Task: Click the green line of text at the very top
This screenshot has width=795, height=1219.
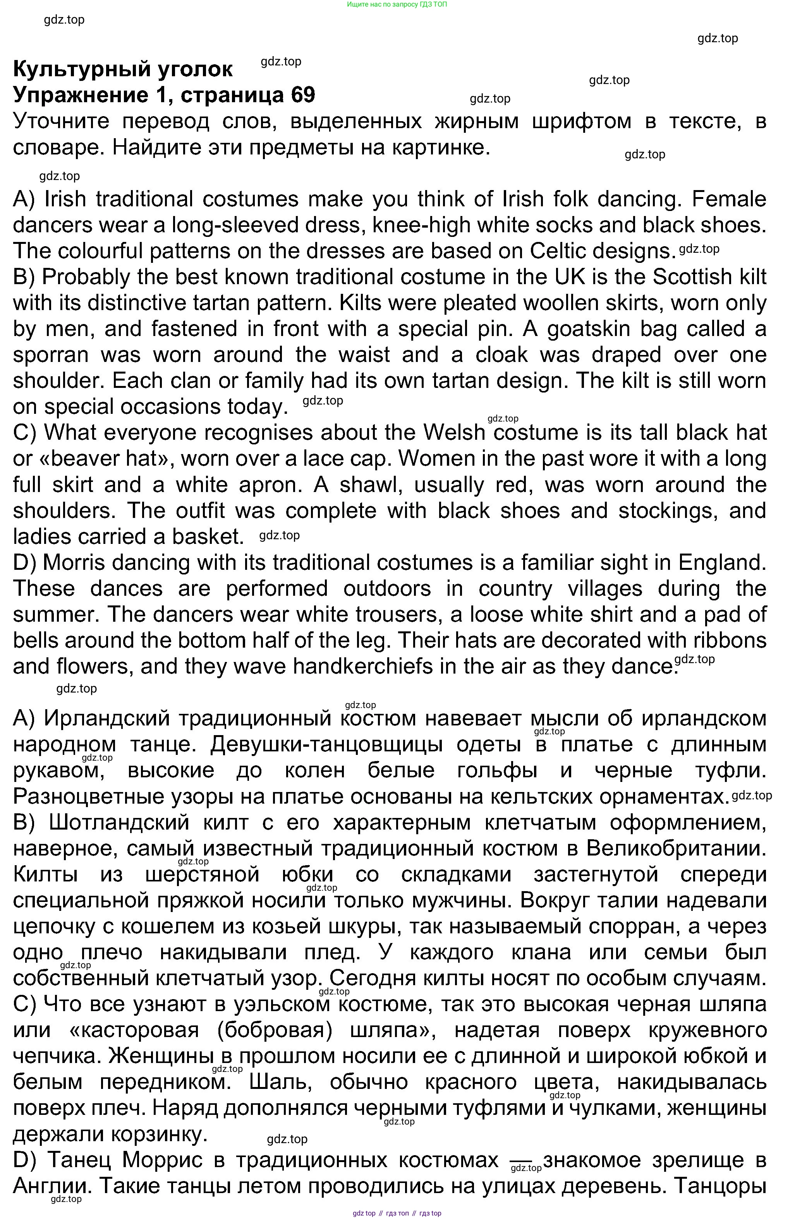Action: point(397,4)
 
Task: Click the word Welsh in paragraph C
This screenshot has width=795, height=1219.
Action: point(454,433)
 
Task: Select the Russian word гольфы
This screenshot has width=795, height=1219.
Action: point(497,770)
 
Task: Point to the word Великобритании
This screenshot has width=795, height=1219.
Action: point(676,848)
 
